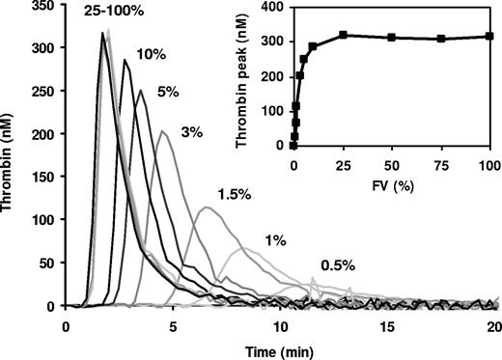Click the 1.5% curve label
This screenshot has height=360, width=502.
click(235, 195)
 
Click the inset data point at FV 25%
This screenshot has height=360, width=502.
click(343, 35)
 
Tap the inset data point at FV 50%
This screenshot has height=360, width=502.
click(392, 38)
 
